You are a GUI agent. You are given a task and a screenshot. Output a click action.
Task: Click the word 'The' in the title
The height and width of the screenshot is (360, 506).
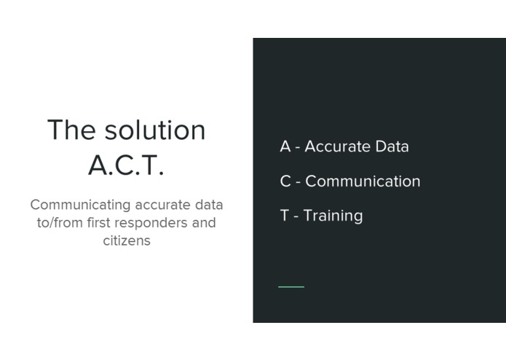71,130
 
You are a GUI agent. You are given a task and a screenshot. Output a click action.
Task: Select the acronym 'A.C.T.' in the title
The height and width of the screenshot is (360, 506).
126,165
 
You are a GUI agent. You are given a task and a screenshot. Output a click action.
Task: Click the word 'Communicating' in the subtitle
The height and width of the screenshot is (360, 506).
80,205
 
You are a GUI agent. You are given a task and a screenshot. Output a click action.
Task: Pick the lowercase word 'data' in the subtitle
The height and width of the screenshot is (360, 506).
209,205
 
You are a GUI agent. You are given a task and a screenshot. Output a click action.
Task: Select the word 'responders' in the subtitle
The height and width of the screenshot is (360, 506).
155,223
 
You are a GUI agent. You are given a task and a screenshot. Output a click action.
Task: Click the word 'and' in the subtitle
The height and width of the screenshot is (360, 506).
204,222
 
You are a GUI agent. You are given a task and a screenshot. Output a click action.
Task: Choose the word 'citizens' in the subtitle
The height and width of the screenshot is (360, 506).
126,240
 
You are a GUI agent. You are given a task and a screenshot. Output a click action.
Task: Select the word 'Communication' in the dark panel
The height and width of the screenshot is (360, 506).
363,181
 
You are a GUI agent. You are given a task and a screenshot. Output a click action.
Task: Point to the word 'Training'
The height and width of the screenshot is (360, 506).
333,216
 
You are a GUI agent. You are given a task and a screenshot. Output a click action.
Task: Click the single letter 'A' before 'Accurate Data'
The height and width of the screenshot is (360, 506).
285,146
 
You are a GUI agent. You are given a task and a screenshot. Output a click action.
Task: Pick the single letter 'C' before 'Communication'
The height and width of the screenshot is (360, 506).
285,181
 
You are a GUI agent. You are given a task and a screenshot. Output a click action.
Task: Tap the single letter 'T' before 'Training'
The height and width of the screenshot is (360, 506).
285,216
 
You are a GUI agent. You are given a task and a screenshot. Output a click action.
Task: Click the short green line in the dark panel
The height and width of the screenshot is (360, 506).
291,286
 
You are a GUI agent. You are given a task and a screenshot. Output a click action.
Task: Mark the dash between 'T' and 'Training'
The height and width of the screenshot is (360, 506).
296,216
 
